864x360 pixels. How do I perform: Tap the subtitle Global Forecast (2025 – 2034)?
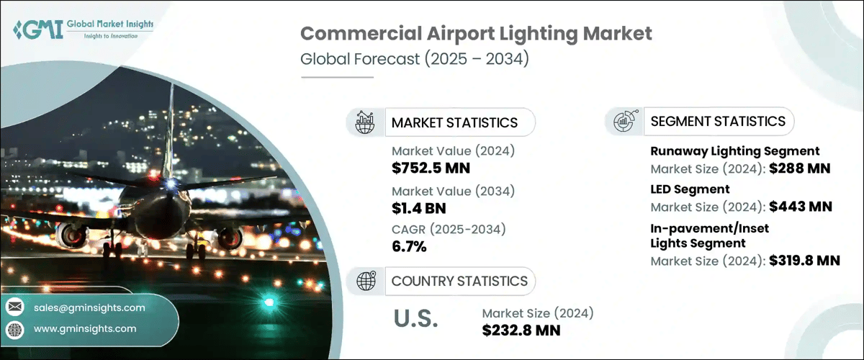tap(414, 58)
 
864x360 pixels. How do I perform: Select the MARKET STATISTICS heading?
tap(454, 122)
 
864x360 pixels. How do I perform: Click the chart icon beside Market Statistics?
tap(365, 122)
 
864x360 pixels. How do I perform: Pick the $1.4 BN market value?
tap(419, 209)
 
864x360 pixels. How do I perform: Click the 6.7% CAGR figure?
tap(409, 247)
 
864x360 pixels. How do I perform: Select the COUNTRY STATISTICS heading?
tap(459, 281)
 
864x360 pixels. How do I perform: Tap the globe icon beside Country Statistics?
tap(366, 281)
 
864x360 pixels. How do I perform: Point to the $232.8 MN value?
tap(521, 330)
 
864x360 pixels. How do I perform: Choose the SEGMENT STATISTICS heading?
tap(718, 121)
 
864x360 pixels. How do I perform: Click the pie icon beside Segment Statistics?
tap(624, 121)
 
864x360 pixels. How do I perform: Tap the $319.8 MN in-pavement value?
tap(804, 261)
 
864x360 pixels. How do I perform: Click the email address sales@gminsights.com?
tap(89, 307)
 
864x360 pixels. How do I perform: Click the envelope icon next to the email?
tap(15, 307)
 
